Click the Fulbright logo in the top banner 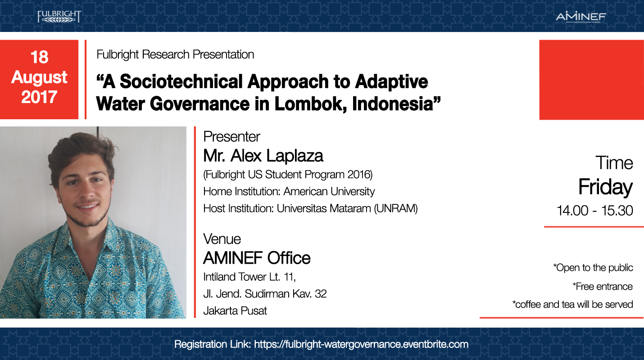[59, 16]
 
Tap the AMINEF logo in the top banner [581, 17]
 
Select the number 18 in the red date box [39, 57]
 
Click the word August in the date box [39, 77]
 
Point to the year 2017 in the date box [39, 97]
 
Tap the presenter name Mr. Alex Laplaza [263, 156]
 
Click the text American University [329, 191]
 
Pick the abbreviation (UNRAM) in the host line [396, 209]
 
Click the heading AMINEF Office [257, 258]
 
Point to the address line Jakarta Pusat [235, 310]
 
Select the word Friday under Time [605, 187]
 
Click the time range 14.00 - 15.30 [595, 211]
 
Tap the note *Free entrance [602, 287]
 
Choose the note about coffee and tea [572, 304]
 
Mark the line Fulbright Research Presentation [175, 54]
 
